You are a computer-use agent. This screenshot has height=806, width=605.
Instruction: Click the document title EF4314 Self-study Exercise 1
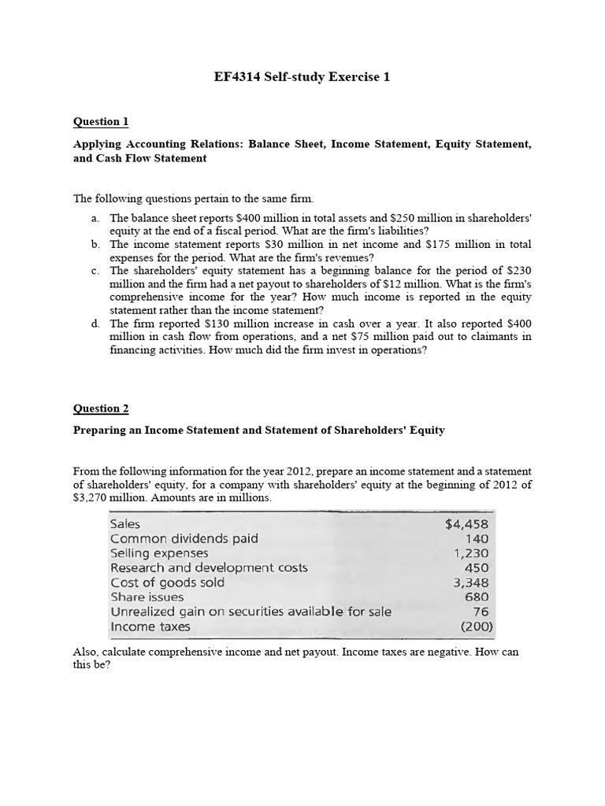point(302,77)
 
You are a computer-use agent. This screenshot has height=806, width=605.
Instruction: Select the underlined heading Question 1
point(100,122)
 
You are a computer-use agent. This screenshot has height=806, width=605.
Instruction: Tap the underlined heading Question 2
point(100,408)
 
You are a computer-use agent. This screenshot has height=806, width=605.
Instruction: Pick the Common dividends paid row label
point(184,539)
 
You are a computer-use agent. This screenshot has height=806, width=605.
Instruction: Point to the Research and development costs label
point(209,568)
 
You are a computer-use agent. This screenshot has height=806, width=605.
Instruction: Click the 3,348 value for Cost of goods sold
point(471,583)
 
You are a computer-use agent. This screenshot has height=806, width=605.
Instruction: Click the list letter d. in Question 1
point(95,324)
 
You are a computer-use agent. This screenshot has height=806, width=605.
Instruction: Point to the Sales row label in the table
point(125,524)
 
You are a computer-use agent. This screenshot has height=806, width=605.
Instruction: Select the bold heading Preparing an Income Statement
point(258,431)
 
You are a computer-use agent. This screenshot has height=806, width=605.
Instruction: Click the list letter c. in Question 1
point(95,271)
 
